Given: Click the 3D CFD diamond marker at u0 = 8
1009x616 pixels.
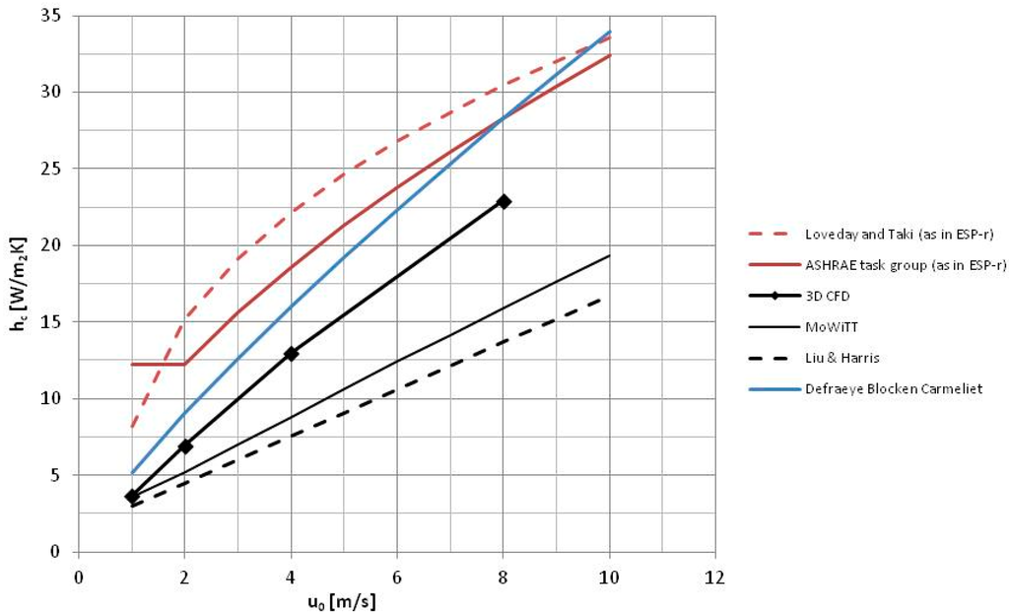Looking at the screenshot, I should pos(504,201).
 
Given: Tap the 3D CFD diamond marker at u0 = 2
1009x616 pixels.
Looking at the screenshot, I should pos(185,446).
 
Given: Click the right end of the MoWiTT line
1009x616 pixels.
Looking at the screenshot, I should pos(610,255).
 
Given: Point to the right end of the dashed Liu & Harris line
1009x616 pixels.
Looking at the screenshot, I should pos(602,297).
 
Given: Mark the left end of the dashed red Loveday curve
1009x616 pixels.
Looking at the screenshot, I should pos(132,427).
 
